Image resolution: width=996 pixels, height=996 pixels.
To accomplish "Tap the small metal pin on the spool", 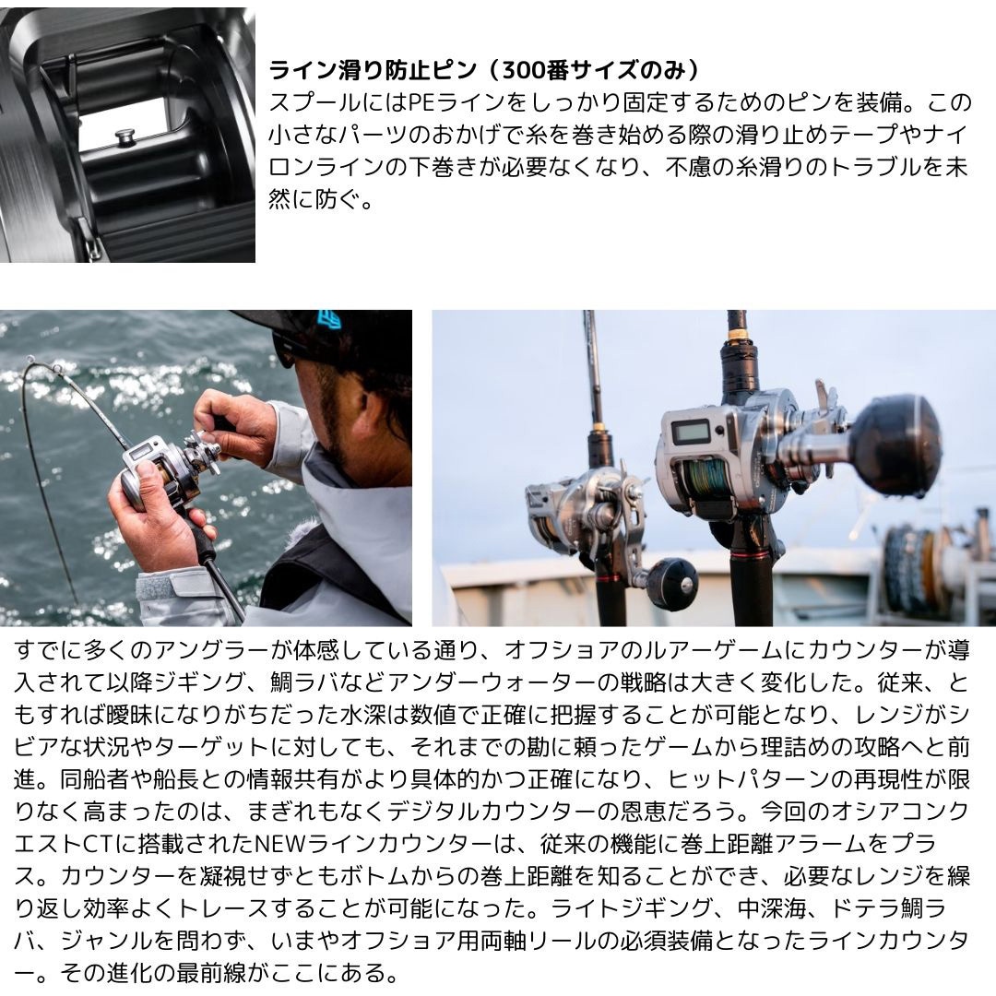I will click(x=123, y=136).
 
